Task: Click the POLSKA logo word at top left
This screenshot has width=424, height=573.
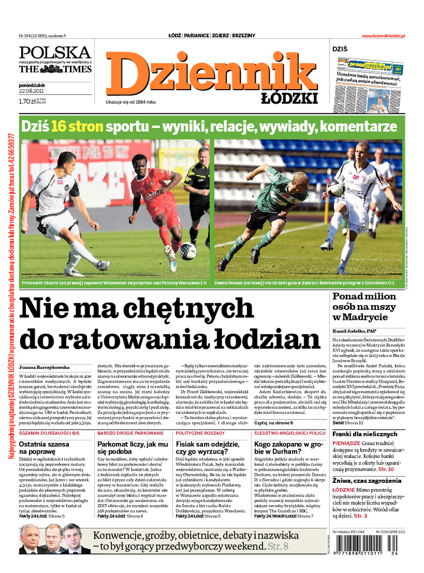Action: tap(55, 53)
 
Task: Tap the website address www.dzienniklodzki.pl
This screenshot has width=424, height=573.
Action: tap(383, 36)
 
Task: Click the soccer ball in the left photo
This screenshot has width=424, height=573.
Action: tap(187, 250)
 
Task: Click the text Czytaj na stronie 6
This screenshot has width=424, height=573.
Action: tap(273, 423)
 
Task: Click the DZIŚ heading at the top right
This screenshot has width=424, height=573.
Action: tap(340, 49)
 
